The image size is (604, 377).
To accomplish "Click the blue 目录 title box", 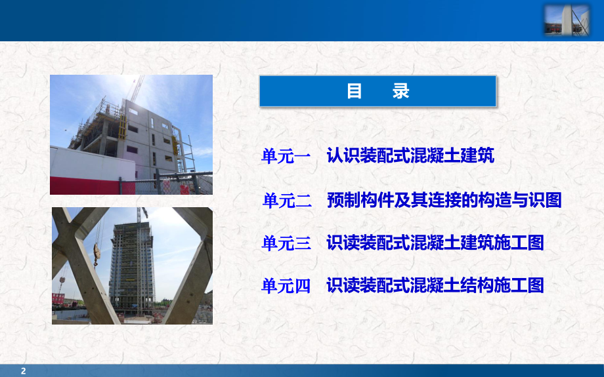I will tap(377, 91).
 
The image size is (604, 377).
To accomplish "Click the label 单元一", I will tap(286, 157).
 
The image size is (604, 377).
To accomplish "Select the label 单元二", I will tap(286, 201).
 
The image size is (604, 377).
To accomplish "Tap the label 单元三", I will tap(286, 243).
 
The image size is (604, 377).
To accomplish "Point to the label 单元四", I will tap(286, 286).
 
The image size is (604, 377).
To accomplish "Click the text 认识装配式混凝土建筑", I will tap(410, 156).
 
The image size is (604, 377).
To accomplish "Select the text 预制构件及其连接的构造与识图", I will tap(444, 200).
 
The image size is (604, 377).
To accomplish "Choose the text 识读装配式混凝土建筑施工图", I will tap(435, 243).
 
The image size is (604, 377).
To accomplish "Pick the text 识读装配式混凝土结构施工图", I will tap(435, 286).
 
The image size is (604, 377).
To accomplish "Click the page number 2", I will tap(24, 371).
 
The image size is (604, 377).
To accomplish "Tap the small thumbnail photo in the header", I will tap(566, 20).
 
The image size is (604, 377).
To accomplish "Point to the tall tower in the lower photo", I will tap(131, 262).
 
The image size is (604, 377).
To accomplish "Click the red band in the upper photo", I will tap(92, 185).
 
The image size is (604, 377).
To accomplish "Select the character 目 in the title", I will tap(355, 91).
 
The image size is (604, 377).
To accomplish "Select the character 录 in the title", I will tap(401, 91).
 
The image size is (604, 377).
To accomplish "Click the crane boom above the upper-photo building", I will tap(137, 89).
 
